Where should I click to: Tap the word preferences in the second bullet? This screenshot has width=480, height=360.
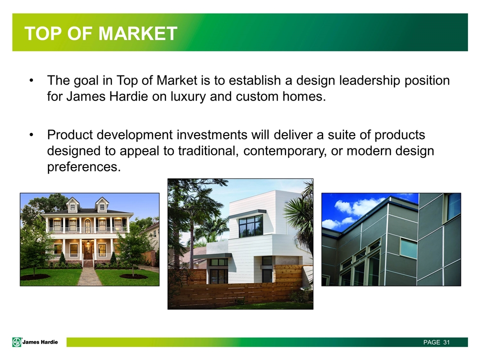[84, 167]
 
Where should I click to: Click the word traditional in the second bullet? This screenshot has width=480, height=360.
[208, 151]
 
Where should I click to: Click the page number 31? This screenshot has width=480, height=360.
[446, 342]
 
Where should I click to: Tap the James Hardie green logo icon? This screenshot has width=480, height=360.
[17, 342]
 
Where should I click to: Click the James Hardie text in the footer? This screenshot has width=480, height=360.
[40, 342]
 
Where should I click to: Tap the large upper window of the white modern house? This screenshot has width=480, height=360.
[250, 226]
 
